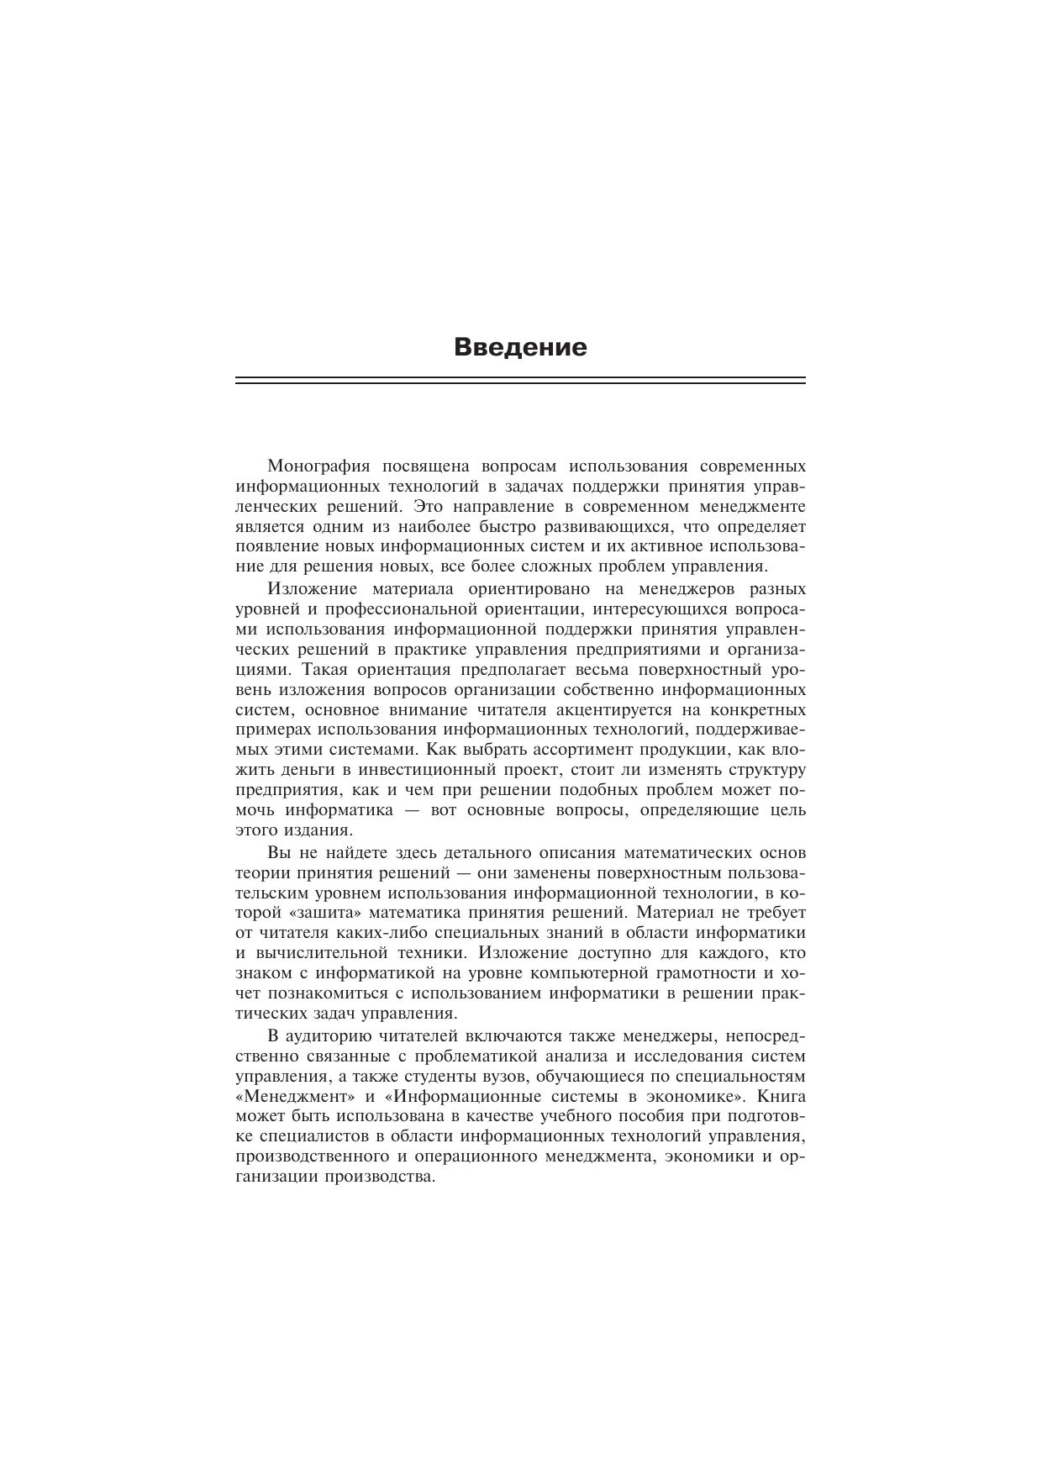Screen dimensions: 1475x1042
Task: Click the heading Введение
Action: tap(520, 347)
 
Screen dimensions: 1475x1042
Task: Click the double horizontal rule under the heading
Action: tap(520, 381)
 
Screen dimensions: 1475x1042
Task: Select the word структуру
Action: tap(760, 770)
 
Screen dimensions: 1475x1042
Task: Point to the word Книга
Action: tap(781, 1097)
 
